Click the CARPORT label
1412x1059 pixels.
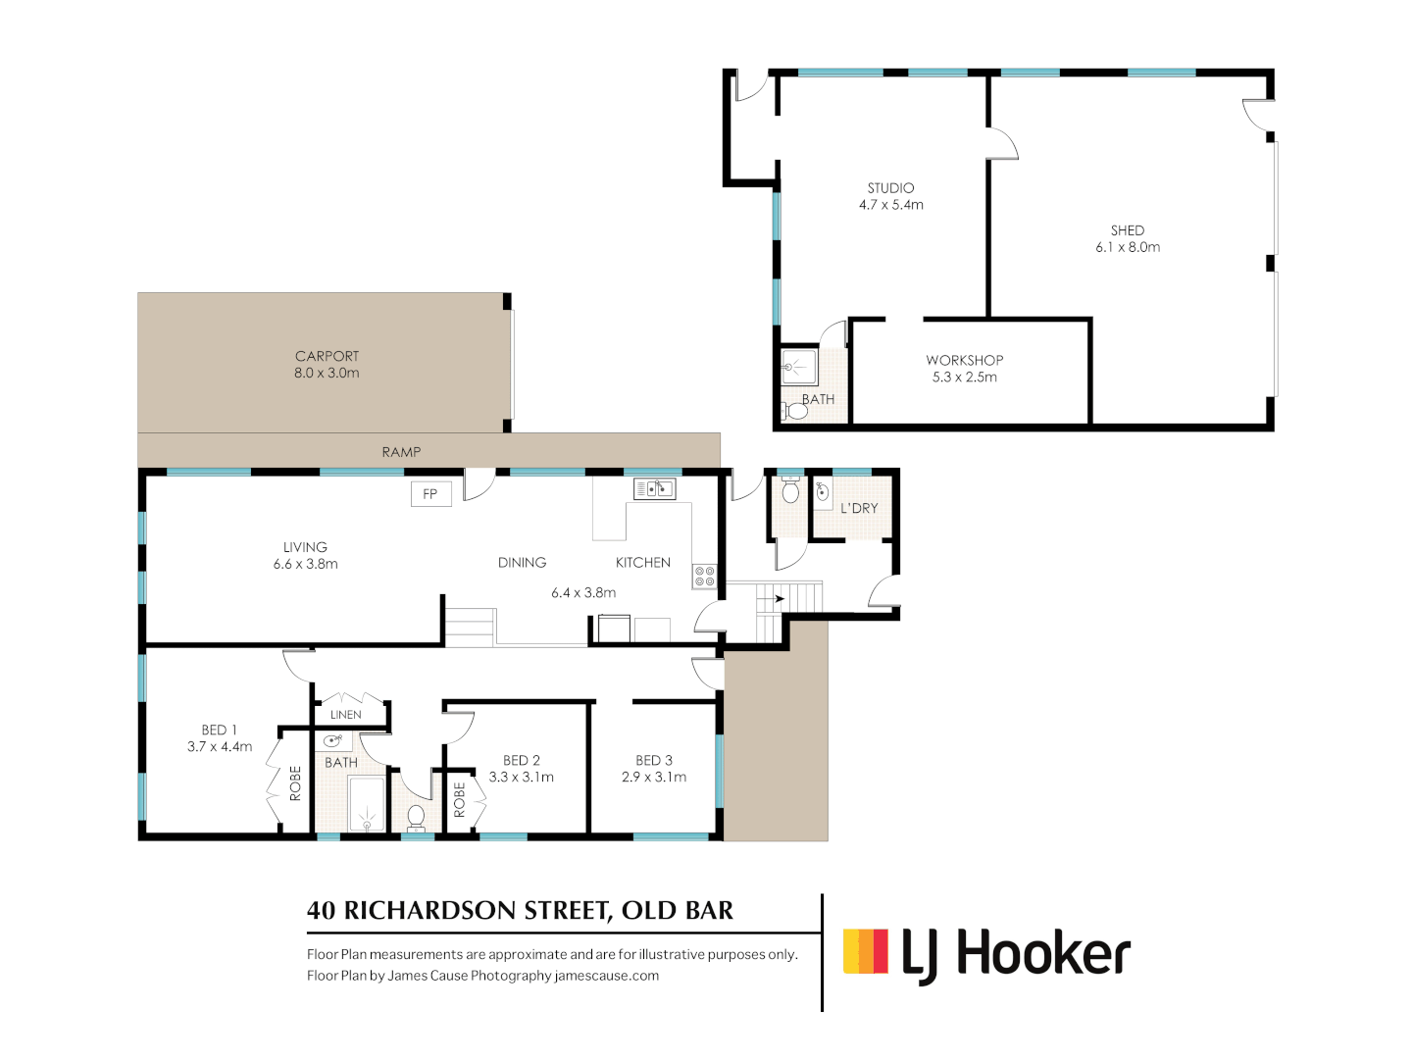click(x=327, y=356)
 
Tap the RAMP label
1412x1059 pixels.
click(x=401, y=452)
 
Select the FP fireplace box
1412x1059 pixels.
click(x=430, y=494)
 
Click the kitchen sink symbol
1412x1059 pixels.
click(x=654, y=488)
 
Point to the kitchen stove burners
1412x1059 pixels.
click(x=704, y=577)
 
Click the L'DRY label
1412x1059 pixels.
click(x=859, y=508)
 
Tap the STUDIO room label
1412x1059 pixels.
click(x=890, y=188)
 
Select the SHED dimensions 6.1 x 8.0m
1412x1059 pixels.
click(x=1128, y=248)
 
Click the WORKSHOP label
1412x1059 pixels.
click(x=965, y=360)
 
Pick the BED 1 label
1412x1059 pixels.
click(x=219, y=730)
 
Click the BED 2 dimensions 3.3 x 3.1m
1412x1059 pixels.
click(x=522, y=778)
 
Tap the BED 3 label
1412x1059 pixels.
click(x=654, y=760)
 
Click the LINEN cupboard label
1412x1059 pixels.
click(x=346, y=715)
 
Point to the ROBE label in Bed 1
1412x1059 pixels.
click(x=295, y=783)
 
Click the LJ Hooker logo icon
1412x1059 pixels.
click(x=866, y=951)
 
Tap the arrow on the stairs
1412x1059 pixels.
click(x=778, y=598)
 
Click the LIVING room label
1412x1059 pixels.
click(x=305, y=547)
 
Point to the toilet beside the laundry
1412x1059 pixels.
click(x=790, y=491)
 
